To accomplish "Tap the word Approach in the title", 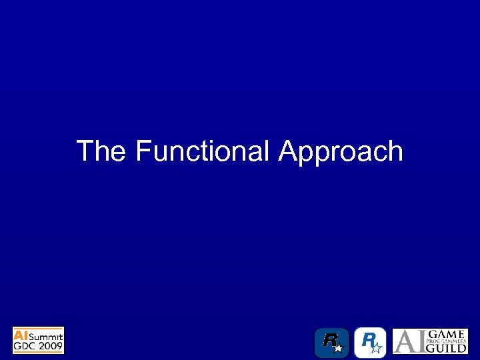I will pyautogui.click(x=341, y=153).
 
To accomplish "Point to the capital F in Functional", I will pyautogui.click(x=142, y=151).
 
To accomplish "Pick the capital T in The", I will pyautogui.click(x=85, y=151).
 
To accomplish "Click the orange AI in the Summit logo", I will pyautogui.click(x=22, y=334).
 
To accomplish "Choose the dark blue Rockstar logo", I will pyautogui.click(x=331, y=343).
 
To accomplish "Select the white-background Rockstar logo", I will pyautogui.click(x=370, y=343).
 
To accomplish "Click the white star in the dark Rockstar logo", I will pyautogui.click(x=338, y=348).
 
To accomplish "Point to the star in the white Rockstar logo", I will pyautogui.click(x=377, y=347).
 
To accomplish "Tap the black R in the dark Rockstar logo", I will pyautogui.click(x=329, y=340).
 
